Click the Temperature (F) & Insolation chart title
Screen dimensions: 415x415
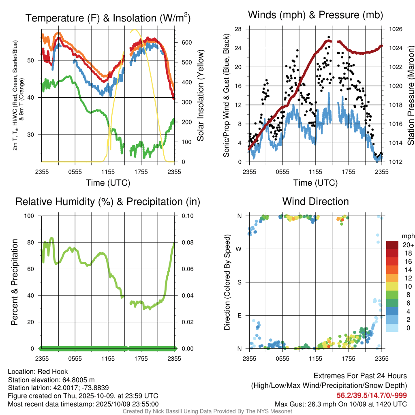[x=108, y=18]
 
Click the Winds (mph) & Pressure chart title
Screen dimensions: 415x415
[x=315, y=15]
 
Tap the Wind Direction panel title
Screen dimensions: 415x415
[x=315, y=201]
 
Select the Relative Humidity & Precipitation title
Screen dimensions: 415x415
[x=108, y=201]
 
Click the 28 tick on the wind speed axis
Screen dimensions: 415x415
[x=238, y=29]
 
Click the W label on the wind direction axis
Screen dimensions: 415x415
[x=240, y=249]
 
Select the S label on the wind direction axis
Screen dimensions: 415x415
[x=240, y=282]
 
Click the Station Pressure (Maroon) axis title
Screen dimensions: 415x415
[x=411, y=96]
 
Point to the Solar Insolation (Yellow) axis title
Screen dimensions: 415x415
[x=200, y=96]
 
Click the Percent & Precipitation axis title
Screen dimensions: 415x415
[x=14, y=282]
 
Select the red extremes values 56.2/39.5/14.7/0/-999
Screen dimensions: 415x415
[x=372, y=396]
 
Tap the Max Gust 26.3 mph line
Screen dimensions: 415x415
[x=341, y=404]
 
